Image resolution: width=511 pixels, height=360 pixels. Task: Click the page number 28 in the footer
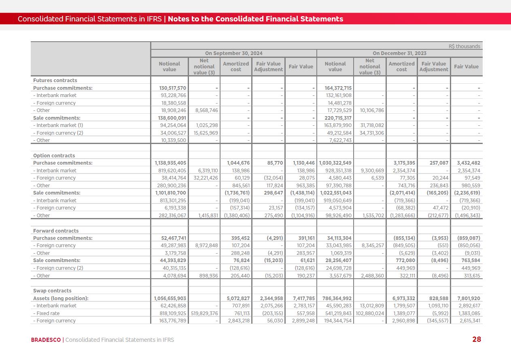point(477,339)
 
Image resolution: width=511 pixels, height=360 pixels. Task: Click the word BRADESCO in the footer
point(46,340)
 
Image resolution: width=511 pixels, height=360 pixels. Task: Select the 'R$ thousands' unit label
point(464,46)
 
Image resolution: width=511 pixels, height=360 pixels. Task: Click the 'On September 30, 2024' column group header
point(233,53)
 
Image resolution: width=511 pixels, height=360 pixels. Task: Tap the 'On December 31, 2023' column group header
point(399,53)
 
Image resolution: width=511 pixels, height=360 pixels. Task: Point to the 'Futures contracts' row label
point(55,80)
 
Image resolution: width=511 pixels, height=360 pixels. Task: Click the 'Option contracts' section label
point(54,155)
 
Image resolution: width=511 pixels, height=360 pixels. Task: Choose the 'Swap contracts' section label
point(52,290)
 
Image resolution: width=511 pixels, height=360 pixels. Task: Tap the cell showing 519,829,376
point(204,313)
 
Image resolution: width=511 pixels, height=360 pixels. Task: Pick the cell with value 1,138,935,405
point(170,163)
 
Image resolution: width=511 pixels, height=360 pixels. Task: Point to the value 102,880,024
point(369,313)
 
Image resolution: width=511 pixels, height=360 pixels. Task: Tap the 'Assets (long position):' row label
point(61,298)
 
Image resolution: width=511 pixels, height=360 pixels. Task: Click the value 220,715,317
point(335,118)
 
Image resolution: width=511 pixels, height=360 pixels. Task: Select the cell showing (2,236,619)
point(467,193)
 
